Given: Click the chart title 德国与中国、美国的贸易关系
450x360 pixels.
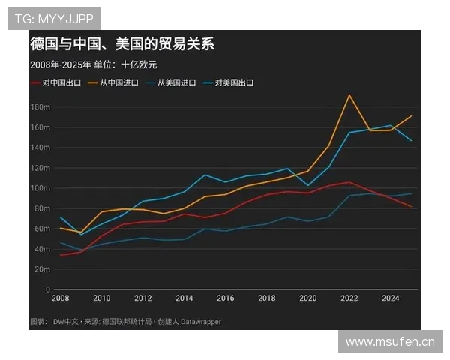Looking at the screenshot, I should pos(122,44).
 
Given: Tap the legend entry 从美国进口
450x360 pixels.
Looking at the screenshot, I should pos(176,82).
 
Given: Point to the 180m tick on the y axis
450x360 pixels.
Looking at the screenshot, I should pos(40,107).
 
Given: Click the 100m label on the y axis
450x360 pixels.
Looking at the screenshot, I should pos(40,188).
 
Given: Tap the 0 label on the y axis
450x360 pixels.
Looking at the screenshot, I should pos(47,289).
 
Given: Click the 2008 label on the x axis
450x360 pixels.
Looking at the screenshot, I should pos(60,298).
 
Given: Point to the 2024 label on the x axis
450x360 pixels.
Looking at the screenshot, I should pos(391,298).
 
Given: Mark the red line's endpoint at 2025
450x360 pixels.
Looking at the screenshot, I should pos(411,207).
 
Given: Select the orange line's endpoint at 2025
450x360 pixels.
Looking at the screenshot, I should pos(411,116).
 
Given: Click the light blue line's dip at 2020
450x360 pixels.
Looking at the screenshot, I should pos(308,185).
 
